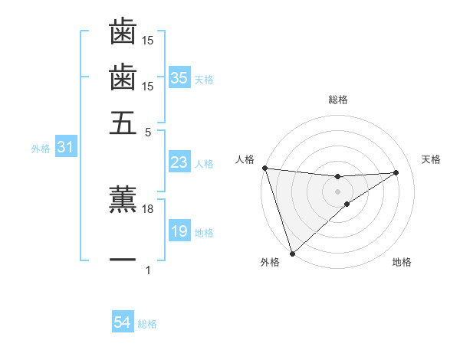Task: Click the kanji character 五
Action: [x=123, y=122]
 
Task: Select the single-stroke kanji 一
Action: [x=123, y=260]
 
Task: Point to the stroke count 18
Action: [x=149, y=208]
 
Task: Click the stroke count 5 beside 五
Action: [x=149, y=132]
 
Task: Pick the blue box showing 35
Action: [x=179, y=77]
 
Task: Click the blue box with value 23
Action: [x=179, y=162]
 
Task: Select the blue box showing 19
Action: [x=179, y=231]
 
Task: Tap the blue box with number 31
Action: [x=65, y=147]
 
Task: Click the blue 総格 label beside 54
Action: [x=147, y=324]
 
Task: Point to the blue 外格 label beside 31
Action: [x=41, y=149]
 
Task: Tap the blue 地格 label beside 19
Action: [x=204, y=232]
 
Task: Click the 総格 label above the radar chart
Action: [x=337, y=100]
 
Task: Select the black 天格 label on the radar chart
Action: [x=432, y=159]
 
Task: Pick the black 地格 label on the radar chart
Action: [x=402, y=263]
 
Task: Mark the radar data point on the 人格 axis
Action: [x=264, y=168]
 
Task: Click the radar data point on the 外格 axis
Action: [x=292, y=252]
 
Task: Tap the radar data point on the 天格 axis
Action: [x=396, y=172]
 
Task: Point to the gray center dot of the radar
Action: [x=337, y=191]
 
